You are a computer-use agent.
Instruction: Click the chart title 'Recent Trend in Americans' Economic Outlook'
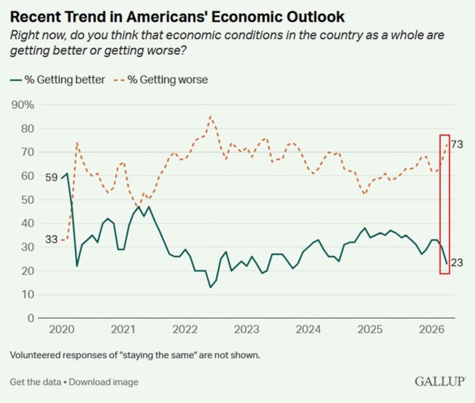[x=177, y=17]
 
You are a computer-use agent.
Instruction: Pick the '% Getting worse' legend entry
[x=167, y=79]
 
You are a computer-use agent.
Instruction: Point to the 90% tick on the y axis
[x=23, y=104]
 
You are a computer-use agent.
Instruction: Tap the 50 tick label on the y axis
[x=28, y=200]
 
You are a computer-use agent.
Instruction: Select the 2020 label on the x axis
[x=62, y=330]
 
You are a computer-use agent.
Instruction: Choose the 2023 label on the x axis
[x=246, y=330]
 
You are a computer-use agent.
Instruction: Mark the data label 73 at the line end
[x=457, y=144]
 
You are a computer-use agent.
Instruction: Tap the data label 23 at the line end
[x=457, y=263]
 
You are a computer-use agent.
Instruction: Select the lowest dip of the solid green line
[x=210, y=287]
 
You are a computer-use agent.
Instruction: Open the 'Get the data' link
[x=35, y=382]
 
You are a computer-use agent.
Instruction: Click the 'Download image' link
[x=103, y=382]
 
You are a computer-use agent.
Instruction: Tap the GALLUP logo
[x=440, y=382]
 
